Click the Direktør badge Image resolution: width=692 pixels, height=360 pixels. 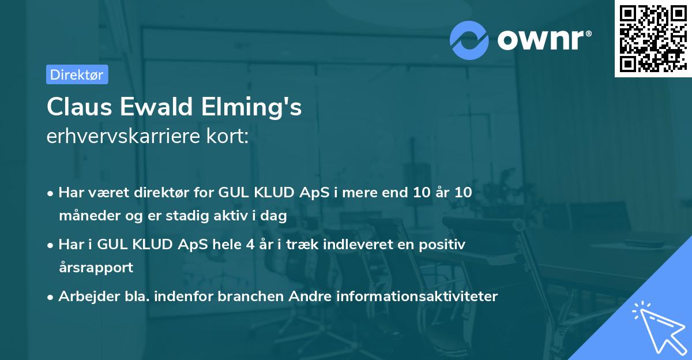click(77, 74)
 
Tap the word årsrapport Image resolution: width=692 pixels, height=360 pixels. click(96, 268)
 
